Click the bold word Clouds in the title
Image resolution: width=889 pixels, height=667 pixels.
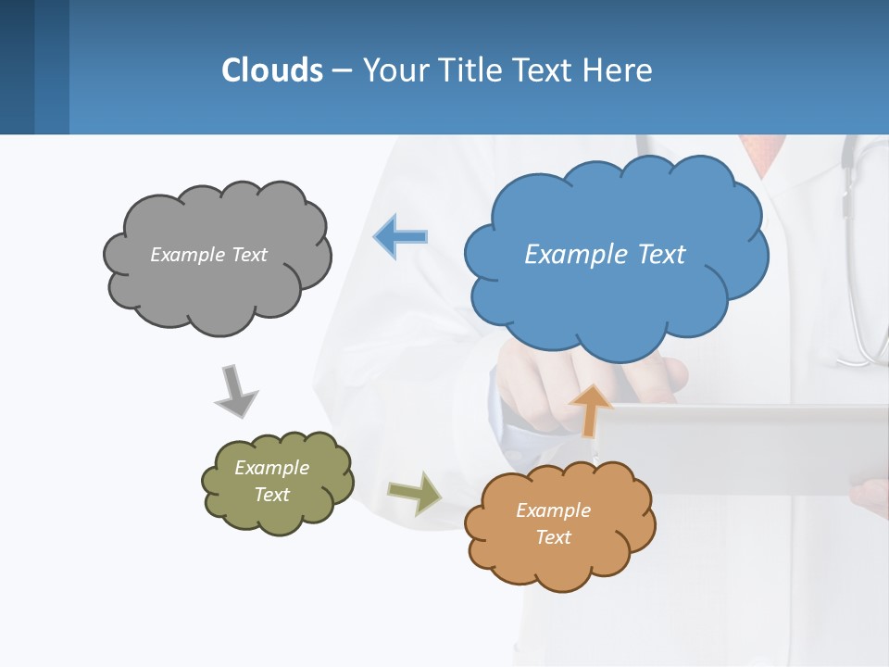point(272,70)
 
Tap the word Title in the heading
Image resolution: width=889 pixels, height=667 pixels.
point(470,70)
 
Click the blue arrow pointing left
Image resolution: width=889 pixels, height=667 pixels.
point(401,237)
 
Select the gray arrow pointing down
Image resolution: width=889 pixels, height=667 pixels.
point(235,391)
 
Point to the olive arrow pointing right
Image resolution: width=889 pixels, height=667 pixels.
point(415,492)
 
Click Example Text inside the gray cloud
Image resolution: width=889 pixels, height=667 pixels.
point(208,255)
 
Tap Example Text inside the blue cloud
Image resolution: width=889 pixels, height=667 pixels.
point(605,255)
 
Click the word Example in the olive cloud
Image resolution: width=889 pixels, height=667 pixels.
point(271,468)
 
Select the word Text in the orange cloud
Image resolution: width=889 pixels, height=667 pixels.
point(553,537)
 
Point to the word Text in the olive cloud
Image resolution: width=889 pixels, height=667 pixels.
point(271,495)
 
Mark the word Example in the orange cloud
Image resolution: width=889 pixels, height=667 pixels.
point(553,510)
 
